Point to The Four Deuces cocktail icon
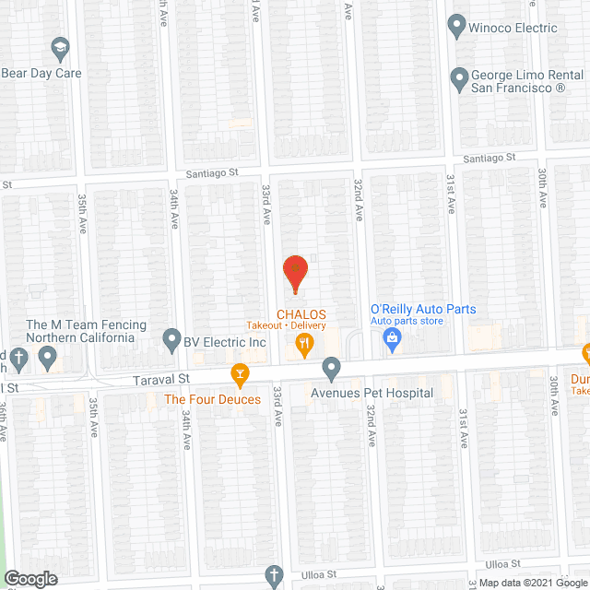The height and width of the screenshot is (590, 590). [240, 374]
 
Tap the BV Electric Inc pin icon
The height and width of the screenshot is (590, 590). [171, 341]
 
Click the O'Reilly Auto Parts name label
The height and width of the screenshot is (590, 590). [422, 309]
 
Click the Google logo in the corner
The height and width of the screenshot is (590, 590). [29, 578]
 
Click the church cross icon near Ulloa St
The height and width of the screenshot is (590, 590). [273, 577]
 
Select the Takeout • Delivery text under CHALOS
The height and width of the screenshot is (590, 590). [285, 325]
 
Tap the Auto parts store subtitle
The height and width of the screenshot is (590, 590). [407, 321]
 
